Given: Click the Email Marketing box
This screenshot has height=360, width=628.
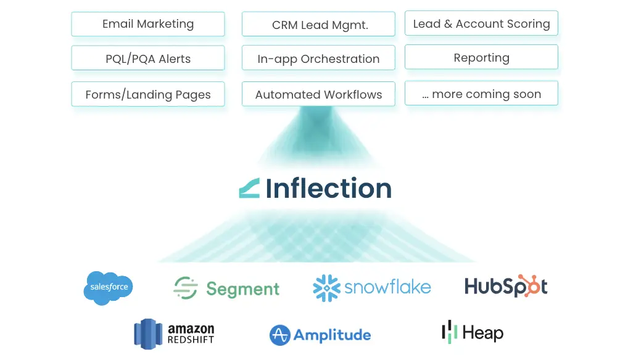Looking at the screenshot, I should pos(148,24).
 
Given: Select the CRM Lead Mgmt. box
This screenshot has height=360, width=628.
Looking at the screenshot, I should pos(318,25).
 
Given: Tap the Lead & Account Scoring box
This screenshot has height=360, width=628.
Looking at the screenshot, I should pos(481,23).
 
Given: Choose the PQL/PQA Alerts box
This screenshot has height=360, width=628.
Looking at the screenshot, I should pos(148,59).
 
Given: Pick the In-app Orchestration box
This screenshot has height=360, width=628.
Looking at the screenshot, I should pos(318,59).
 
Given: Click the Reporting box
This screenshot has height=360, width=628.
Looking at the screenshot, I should pos(481,57).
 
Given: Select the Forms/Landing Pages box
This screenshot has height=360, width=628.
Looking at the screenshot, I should pos(148,94).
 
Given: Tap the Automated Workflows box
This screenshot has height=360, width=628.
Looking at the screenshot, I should pos(318,94).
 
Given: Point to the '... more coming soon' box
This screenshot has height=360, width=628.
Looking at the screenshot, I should pos(481,94).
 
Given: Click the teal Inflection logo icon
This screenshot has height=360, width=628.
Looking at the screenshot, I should pos(249,188).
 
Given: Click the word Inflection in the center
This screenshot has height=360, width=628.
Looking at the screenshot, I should pos(328,189).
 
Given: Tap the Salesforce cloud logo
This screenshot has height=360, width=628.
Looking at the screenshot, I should pos(109,287).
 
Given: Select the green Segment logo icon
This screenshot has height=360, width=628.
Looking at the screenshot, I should pos(185,288).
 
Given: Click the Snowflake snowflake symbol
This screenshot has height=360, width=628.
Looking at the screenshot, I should pos(326,288).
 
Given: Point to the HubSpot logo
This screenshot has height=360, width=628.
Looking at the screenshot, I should pos(506,286).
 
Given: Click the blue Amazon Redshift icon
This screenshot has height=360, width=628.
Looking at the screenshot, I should pos(147,334).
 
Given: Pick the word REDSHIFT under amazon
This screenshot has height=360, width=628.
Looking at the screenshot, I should pos(191,340).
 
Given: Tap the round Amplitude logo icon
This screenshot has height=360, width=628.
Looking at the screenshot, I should pos(280,335).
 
